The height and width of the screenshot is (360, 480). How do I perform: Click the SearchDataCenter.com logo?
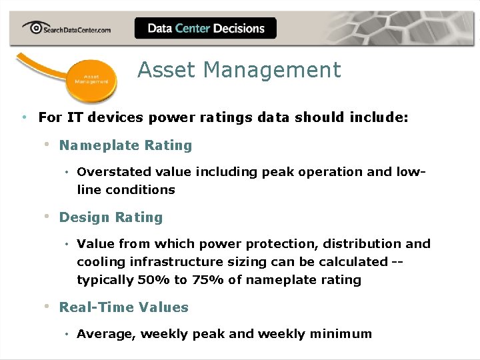67,28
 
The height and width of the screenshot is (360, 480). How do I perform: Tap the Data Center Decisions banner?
205,28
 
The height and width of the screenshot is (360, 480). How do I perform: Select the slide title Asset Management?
239,70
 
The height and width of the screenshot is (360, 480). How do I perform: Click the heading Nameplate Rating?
125,145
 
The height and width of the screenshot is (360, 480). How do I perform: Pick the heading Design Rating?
111,217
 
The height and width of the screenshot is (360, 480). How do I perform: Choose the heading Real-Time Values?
124,307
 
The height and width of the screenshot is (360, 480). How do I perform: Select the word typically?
105,280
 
